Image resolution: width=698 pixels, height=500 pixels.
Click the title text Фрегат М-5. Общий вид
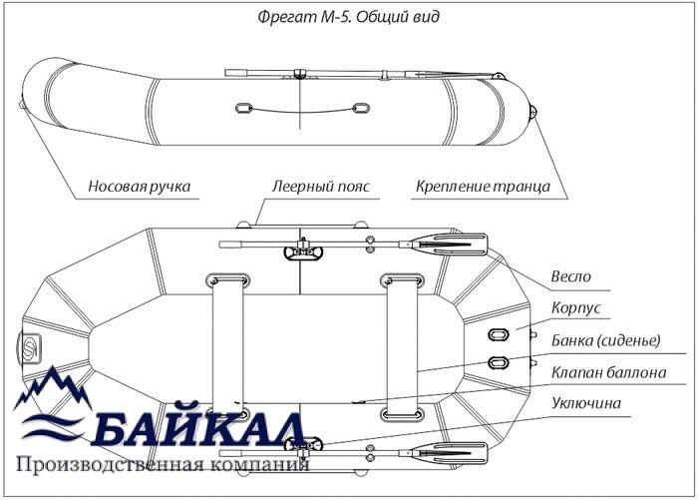click(349, 17)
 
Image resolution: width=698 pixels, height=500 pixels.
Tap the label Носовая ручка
click(139, 187)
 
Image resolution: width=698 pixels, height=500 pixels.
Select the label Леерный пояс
click(321, 187)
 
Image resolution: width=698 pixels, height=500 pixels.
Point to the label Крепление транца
click(483, 187)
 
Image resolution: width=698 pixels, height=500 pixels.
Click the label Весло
click(570, 276)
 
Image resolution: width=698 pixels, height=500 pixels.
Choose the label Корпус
click(576, 308)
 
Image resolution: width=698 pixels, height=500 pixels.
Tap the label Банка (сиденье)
click(606, 340)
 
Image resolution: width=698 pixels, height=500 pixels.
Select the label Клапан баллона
click(608, 372)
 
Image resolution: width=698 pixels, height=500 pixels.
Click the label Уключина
click(586, 403)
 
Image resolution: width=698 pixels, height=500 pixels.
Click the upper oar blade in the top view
click(450, 245)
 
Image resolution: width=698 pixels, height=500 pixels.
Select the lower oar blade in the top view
click(450, 453)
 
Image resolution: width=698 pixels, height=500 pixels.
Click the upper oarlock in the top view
click(303, 250)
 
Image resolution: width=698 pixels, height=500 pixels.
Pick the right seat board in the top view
click(402, 347)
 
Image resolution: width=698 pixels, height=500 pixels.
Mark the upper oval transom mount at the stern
click(499, 334)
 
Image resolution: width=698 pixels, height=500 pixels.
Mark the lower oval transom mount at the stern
click(499, 362)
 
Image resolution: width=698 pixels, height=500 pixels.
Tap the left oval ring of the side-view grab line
click(243, 109)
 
